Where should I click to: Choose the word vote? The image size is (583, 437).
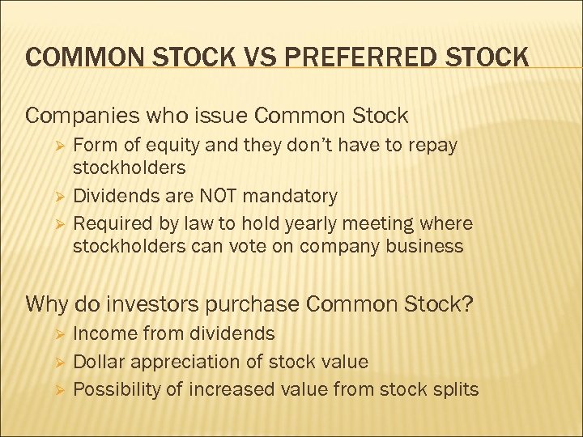(x=240, y=247)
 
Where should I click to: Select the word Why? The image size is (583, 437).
(x=47, y=305)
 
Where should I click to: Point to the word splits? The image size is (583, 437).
(x=454, y=389)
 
